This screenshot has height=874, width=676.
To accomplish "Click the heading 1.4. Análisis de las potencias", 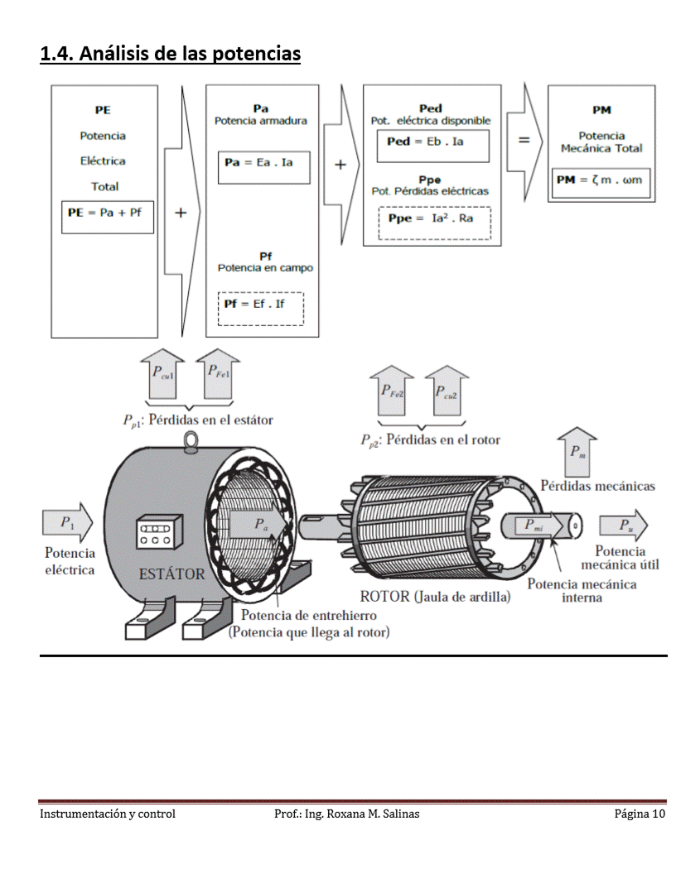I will tap(170, 55).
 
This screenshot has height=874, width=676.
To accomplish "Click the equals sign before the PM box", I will tap(524, 142).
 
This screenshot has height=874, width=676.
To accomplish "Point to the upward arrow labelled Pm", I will tap(577, 451).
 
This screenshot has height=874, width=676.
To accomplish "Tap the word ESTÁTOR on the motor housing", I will tap(171, 574).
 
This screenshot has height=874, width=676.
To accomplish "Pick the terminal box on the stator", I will tap(158, 530).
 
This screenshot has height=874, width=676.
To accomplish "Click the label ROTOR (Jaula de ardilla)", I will tap(435, 596).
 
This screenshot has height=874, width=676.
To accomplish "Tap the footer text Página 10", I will tap(640, 814).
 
